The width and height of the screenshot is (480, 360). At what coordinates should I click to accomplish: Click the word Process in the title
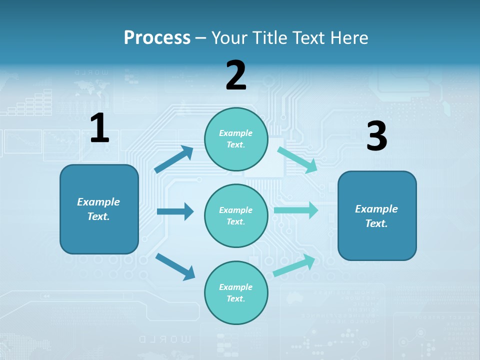coord(157,37)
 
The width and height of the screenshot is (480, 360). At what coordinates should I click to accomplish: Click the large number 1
coord(99,128)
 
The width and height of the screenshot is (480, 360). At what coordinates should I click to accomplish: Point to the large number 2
coord(236,75)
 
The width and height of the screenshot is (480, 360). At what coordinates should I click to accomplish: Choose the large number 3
coord(376,136)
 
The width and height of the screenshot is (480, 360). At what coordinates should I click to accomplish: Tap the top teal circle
coord(236,138)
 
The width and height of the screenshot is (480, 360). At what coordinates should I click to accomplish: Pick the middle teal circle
coord(236,215)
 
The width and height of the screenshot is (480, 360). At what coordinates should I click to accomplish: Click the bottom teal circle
coord(236,292)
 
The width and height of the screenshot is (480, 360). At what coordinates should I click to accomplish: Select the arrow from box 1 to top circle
coord(174,159)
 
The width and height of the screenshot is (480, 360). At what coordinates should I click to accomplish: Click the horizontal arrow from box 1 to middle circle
coord(175,211)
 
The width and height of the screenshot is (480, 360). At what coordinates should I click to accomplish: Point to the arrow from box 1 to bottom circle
coord(175,266)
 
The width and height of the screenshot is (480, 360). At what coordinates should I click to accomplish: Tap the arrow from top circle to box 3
coord(297,159)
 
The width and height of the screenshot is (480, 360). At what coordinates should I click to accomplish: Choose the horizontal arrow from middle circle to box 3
coord(296,210)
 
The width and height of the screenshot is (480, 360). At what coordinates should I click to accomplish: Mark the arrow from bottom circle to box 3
coord(294,265)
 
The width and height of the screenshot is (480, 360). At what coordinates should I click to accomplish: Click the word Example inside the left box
coord(98,202)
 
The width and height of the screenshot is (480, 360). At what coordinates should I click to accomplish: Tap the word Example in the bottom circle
coord(236,287)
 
